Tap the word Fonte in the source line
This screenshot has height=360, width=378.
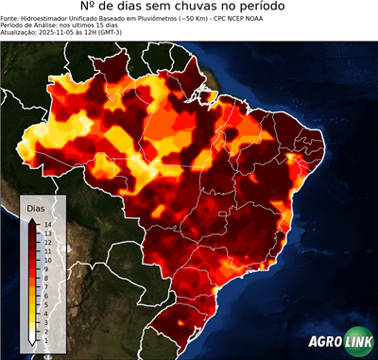(11, 18)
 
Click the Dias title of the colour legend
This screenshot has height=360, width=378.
(36, 207)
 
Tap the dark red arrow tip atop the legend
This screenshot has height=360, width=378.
(32, 220)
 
